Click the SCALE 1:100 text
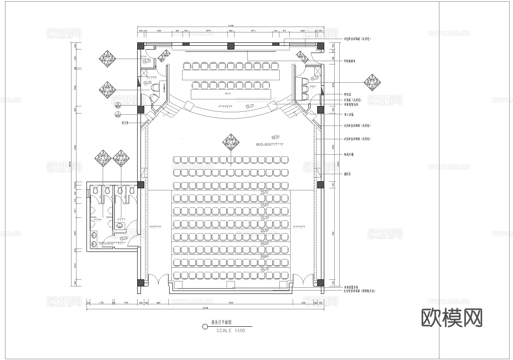pos(231,331)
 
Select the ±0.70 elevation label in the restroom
pos(123,238)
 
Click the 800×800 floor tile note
pos(270,144)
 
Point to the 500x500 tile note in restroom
pos(112,243)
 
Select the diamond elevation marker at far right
pos(373,82)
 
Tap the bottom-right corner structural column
pos(321,283)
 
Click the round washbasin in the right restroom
pos(120,226)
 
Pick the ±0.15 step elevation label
pos(264,192)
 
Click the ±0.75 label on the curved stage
pos(249,106)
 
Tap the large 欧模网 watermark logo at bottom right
pos(452,318)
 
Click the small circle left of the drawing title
pos(205,327)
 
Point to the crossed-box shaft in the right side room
pos(318,71)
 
